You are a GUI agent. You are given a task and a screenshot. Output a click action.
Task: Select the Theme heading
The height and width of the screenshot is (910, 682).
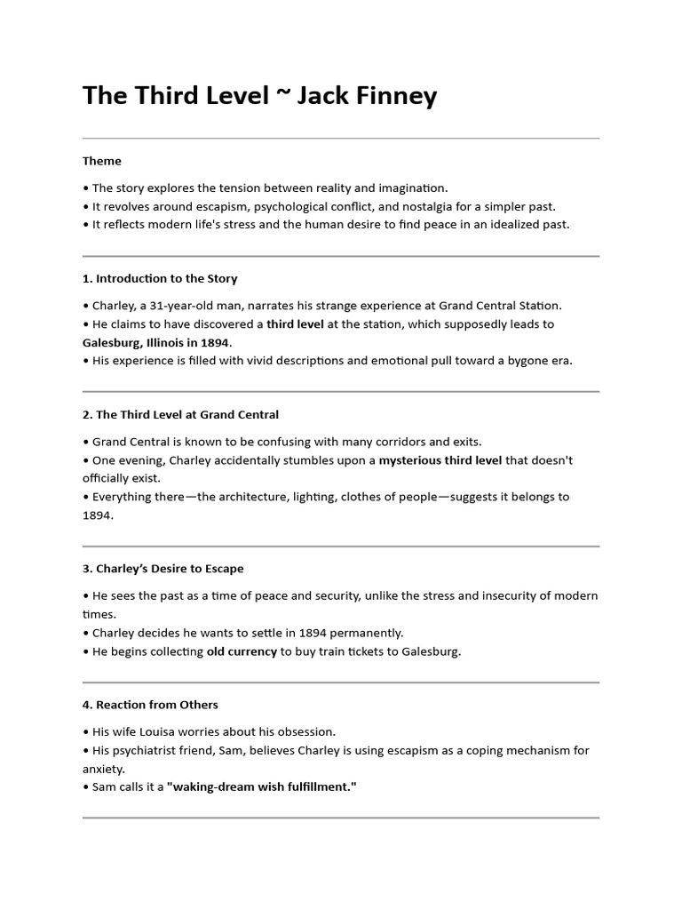tap(102, 161)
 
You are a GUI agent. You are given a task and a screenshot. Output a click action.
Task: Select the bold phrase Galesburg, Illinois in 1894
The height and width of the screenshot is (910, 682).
tap(156, 342)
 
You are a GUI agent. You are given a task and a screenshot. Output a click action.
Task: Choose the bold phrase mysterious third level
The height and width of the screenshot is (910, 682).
tap(440, 460)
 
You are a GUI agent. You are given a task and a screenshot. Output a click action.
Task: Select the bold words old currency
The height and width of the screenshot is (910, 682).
tap(242, 651)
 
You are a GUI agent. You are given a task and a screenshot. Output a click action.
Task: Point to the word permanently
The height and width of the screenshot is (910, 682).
tap(366, 633)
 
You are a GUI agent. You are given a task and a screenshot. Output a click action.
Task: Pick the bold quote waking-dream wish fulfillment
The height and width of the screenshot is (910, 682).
tap(262, 787)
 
